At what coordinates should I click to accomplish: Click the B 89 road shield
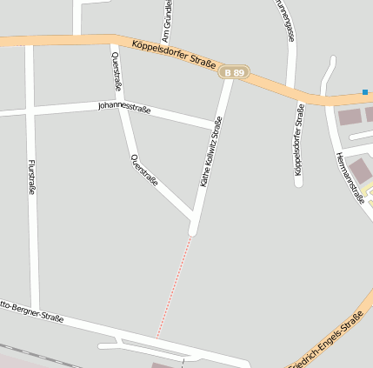pos(233,73)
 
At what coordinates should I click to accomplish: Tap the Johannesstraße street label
pos(125,109)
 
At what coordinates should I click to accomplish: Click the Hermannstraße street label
pos(349,177)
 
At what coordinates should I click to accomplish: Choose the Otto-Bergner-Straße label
pos(31,312)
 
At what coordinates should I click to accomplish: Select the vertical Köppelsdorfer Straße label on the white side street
pos(299,140)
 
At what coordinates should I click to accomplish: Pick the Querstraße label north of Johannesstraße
pos(117,70)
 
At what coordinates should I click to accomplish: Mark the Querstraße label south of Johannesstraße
pos(144,170)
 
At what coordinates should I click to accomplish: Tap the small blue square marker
pos(365,92)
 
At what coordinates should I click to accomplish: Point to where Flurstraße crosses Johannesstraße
pos(31,111)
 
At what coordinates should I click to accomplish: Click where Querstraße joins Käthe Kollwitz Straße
pos(192,217)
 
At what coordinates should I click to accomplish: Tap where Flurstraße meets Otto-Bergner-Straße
pos(36,310)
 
